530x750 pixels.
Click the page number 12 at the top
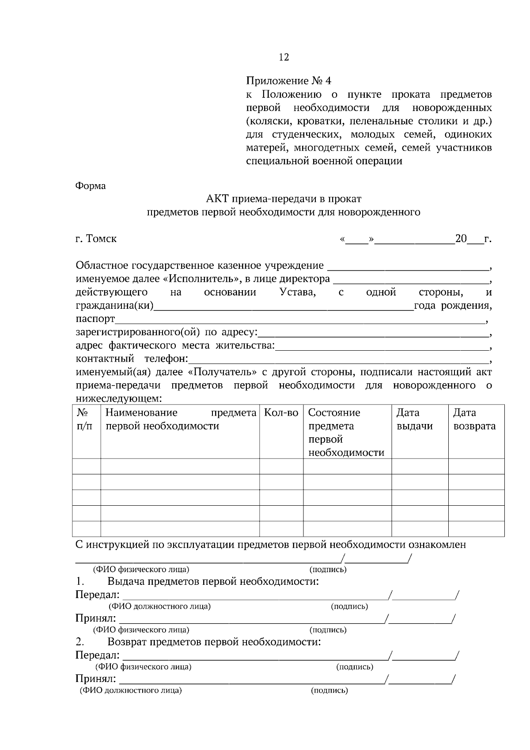click(x=284, y=57)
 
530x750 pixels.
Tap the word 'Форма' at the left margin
click(x=91, y=186)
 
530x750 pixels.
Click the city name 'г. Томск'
click(x=96, y=239)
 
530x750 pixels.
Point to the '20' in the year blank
click(x=461, y=239)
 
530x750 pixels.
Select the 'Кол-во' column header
click(x=281, y=413)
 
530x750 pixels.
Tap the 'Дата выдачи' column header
click(x=414, y=419)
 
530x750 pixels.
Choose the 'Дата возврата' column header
click(x=474, y=419)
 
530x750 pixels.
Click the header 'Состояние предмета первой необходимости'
click(x=346, y=432)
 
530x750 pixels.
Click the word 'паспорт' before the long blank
click(x=95, y=319)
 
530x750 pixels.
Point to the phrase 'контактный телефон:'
click(x=132, y=359)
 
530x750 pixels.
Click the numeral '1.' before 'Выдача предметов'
click(x=80, y=581)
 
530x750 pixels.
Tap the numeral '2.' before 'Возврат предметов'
click(x=80, y=641)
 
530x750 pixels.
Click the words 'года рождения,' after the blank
click(x=453, y=306)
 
